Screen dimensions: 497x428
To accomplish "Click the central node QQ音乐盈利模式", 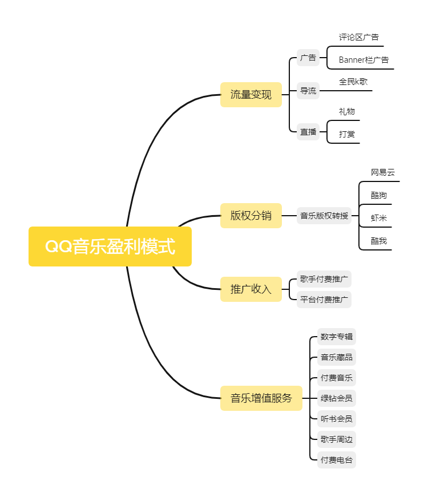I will pos(110,247).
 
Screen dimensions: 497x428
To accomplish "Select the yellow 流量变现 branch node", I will pos(251,95).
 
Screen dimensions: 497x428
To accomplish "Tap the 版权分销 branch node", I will pos(251,216).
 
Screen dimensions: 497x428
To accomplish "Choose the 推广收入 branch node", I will pos(251,289).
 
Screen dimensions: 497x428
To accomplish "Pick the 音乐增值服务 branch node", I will pos(261,398).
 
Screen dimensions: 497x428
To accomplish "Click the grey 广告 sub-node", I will pos(308,58).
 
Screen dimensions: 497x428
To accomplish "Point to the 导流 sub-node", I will pos(308,91).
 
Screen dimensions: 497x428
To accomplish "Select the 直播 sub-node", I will pos(308,132).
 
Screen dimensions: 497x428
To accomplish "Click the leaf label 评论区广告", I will pos(358,38).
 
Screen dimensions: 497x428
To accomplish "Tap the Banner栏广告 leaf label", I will pos(364,60).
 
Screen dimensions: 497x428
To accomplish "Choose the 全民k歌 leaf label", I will pos(353,82).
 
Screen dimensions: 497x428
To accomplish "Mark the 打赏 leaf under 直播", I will pos(347,134).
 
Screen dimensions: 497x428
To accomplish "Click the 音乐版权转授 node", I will pos(324,216).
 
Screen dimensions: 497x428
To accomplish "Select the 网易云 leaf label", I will pos(382,172).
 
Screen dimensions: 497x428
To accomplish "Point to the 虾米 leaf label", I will pos(379,218).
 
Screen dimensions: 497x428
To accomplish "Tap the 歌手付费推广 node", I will pos(324,280).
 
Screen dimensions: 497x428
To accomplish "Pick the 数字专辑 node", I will pos(337,337).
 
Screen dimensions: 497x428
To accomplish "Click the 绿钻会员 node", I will pos(337,398).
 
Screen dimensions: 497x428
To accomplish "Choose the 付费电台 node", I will pos(337,460).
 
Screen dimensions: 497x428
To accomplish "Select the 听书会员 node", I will pos(337,419).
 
